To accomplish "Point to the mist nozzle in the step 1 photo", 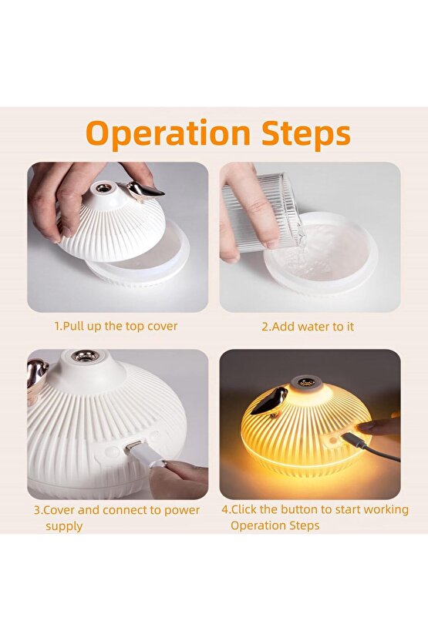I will (103, 187).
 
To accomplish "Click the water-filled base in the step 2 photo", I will (320, 254).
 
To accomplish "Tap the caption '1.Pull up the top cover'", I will (116, 326).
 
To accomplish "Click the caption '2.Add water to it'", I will (308, 327).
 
